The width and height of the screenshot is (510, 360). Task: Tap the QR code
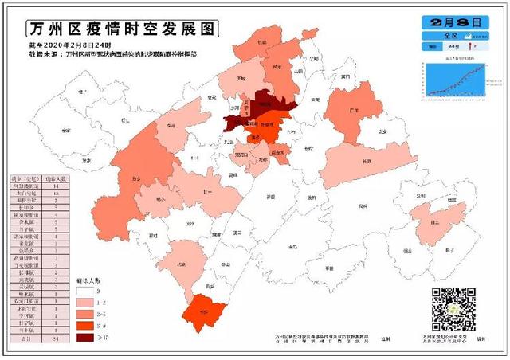453,310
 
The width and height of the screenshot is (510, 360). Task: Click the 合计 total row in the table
37,338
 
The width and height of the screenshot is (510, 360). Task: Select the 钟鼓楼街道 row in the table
37,185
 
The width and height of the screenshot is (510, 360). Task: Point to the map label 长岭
367,161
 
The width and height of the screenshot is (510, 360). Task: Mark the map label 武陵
181,264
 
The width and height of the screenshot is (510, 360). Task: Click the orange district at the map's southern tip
206,311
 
